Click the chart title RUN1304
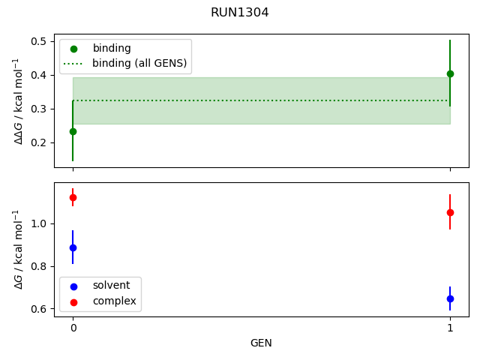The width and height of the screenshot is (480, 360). (x=240, y=13)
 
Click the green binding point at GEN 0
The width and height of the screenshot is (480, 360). (x=73, y=131)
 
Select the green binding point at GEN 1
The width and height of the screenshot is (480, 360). (x=450, y=73)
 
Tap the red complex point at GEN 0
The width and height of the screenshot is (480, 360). (x=73, y=197)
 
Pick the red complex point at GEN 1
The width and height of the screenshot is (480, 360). (x=450, y=212)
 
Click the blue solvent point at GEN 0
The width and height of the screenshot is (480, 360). (x=73, y=247)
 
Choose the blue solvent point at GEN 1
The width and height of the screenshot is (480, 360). (x=450, y=298)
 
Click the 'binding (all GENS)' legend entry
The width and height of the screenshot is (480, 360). (x=139, y=63)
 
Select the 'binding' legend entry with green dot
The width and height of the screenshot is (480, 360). (x=112, y=48)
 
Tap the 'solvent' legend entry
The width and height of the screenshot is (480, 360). (x=111, y=286)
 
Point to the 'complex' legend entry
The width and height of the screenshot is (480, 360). (x=114, y=301)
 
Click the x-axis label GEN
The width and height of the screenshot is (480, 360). (x=261, y=343)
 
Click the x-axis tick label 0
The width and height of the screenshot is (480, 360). (x=73, y=328)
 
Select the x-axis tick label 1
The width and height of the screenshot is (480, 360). (x=450, y=328)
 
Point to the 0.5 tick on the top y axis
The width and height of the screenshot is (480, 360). (x=40, y=41)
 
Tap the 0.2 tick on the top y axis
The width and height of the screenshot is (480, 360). (x=40, y=142)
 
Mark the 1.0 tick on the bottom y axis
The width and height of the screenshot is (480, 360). (x=40, y=223)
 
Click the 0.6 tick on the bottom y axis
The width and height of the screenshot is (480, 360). (x=40, y=308)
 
